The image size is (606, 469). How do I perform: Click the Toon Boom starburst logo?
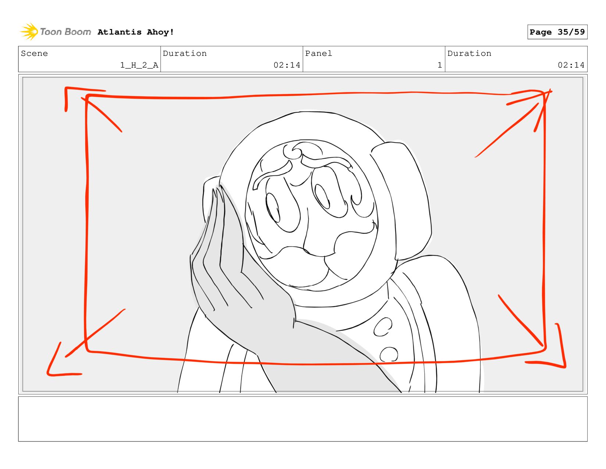pos(29,32)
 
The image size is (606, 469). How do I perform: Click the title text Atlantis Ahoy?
pos(136,32)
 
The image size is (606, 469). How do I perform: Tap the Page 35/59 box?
pos(557,32)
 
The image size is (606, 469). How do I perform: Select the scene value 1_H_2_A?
pos(139,65)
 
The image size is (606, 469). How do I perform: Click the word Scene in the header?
pos(34,53)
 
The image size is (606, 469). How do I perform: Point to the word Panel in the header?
pos(318,53)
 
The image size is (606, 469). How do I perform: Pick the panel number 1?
pos(439,65)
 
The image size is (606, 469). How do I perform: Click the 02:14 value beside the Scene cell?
pos(287,65)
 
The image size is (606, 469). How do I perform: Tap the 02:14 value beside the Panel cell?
pos(571,65)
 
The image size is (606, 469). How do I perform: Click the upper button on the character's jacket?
pos(382,327)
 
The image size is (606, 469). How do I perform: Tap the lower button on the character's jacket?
pos(388,354)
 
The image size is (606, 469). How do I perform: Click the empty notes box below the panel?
pos(303,419)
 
